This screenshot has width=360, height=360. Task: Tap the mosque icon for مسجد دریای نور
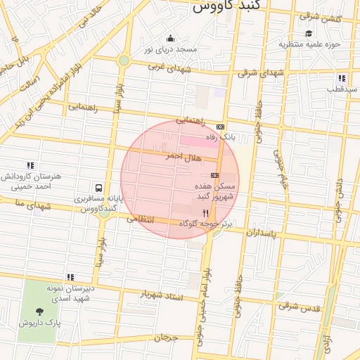[169, 38]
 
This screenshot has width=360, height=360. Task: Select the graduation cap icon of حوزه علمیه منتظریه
[308, 33]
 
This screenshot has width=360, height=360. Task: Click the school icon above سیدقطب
[341, 78]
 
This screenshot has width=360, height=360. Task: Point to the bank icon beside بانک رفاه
[221, 127]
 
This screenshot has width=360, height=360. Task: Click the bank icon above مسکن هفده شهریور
[214, 175]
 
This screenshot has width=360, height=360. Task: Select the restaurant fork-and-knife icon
[205, 212]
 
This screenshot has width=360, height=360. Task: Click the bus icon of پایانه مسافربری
[98, 188]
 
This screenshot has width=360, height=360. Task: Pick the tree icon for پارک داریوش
[39, 311]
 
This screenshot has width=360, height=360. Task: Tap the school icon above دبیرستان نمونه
[70, 277]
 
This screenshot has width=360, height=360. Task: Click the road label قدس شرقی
[298, 306]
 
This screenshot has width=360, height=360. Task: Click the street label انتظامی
[140, 219]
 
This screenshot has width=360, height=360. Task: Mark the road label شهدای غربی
[170, 68]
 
